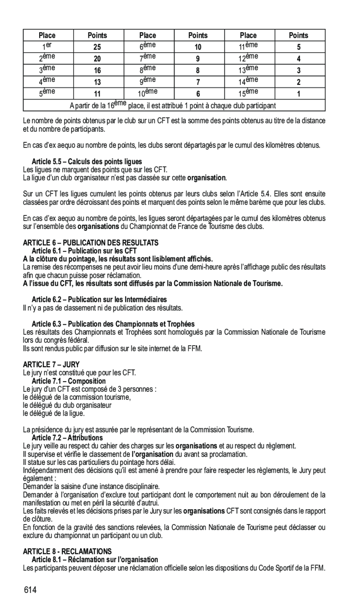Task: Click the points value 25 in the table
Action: (x=97, y=47)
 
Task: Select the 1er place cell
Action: (x=47, y=47)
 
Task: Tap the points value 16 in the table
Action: (x=97, y=71)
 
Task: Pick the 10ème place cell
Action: (x=148, y=93)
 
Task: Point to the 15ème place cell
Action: (x=248, y=93)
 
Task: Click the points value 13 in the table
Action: (x=97, y=82)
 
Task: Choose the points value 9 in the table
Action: (x=197, y=59)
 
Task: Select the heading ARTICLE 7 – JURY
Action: (x=51, y=364)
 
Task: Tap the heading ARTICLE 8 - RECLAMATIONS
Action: (x=68, y=551)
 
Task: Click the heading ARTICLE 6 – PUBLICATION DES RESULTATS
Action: (x=91, y=242)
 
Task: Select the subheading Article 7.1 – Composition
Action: (x=68, y=381)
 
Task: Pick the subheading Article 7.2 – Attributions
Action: (x=67, y=438)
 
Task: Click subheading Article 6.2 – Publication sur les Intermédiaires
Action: (x=99, y=299)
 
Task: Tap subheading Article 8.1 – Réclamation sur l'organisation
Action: (x=95, y=559)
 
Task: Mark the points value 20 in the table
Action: (x=97, y=59)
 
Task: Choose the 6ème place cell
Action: (x=148, y=47)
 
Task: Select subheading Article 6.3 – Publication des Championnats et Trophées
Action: (x=113, y=324)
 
